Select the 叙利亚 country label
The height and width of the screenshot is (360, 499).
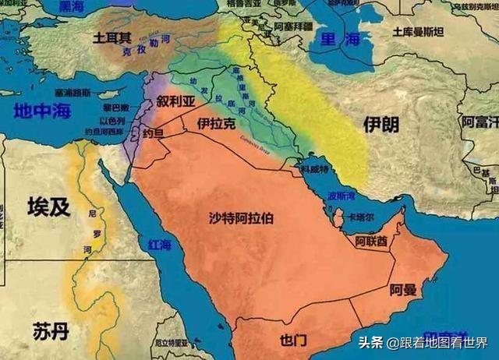(175, 102)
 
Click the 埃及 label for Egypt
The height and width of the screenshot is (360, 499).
(48, 206)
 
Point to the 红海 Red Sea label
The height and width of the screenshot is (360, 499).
(159, 245)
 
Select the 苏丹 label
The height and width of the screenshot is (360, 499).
(51, 330)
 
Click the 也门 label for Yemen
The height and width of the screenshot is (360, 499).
(293, 341)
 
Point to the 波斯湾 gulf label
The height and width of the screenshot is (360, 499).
(341, 196)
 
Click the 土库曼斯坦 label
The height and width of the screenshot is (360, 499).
(418, 33)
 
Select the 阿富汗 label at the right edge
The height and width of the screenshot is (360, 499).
(480, 122)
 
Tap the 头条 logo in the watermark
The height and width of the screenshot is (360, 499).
(373, 343)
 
